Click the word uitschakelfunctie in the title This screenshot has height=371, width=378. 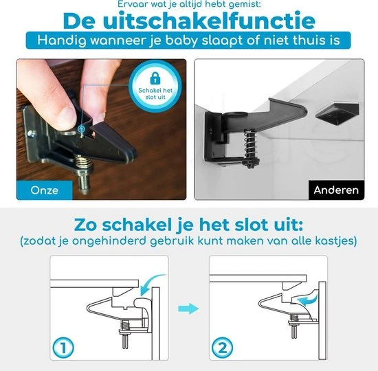click(209, 21)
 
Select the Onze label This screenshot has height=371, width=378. click(45, 190)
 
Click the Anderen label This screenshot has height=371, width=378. click(336, 190)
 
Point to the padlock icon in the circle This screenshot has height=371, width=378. click(155, 78)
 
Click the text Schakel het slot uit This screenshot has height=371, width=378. click(155, 93)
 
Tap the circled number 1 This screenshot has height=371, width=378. click(63, 348)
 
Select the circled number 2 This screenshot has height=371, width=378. click(222, 348)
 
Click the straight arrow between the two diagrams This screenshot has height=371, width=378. click(188, 308)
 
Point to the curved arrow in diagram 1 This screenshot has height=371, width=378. click(149, 283)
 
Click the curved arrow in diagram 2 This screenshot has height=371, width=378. click(308, 300)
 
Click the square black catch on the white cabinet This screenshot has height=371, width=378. click(337, 114)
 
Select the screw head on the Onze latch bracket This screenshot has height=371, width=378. click(31, 133)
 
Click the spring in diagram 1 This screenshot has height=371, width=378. click(125, 326)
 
